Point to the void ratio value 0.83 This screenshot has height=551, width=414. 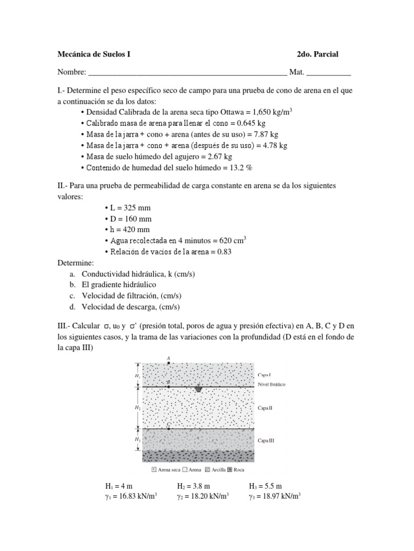[224, 252]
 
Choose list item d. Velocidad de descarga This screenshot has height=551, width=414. [125, 307]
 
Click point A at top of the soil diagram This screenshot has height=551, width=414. [169, 363]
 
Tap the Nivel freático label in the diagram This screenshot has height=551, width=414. [271, 385]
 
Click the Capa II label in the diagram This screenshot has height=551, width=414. [265, 408]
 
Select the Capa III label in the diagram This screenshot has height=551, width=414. [266, 440]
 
